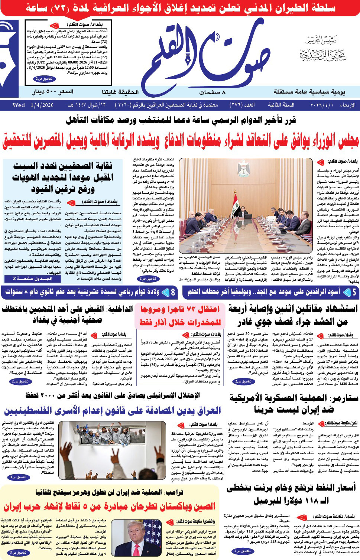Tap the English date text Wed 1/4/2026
pyautogui.click(x=33, y=105)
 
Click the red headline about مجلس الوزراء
pyautogui.click(x=181, y=141)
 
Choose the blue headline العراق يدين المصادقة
pyautogui.click(x=113, y=411)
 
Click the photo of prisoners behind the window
pyautogui.click(x=112, y=450)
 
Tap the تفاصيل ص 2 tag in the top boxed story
pyautogui.click(x=45, y=79)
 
